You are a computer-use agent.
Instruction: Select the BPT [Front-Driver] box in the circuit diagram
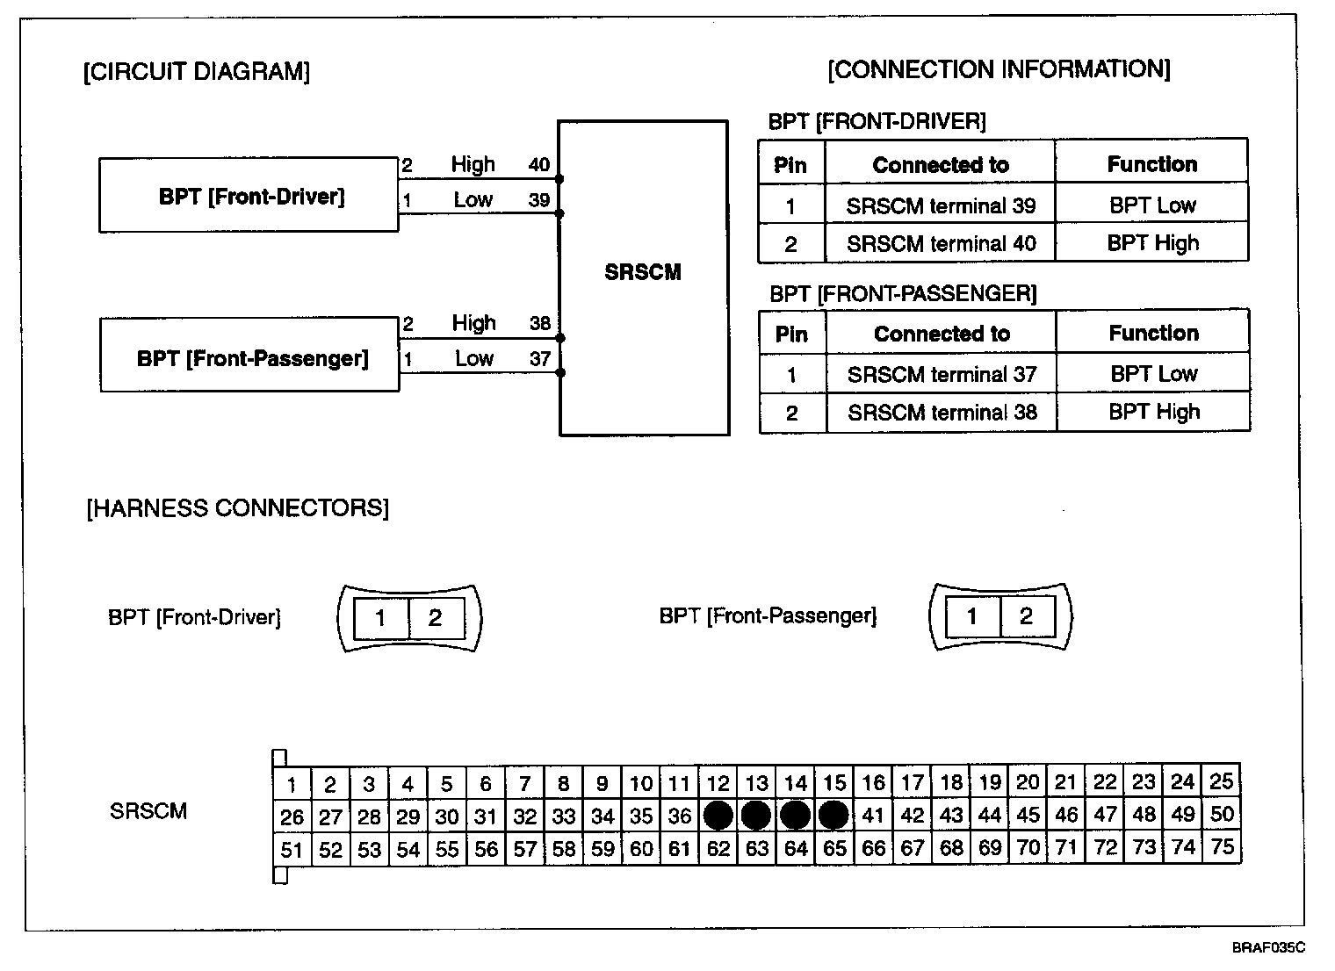[249, 196]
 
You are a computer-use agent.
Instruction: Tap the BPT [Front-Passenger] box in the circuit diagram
[250, 356]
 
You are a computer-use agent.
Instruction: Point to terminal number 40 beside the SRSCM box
[538, 164]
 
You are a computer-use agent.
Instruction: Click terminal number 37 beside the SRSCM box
[539, 358]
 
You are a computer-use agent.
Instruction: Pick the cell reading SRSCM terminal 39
[941, 205]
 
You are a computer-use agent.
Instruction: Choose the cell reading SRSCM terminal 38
[942, 413]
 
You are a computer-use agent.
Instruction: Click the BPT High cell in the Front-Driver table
[1152, 243]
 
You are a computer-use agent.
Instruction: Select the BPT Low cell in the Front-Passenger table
[1153, 374]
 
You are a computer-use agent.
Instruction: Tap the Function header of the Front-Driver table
[1151, 164]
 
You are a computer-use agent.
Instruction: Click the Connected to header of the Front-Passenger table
[942, 334]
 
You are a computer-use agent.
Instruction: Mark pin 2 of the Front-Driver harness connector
[435, 618]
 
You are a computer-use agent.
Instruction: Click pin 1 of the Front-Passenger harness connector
[971, 616]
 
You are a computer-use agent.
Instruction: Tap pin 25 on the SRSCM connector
[1221, 780]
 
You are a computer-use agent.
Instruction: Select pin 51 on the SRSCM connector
[292, 850]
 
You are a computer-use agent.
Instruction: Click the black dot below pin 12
[718, 816]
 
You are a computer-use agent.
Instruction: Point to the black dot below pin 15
[833, 816]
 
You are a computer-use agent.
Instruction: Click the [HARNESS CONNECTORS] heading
[237, 507]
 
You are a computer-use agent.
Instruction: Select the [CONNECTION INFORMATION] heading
[999, 69]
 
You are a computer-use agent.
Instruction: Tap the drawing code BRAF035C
[1267, 948]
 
